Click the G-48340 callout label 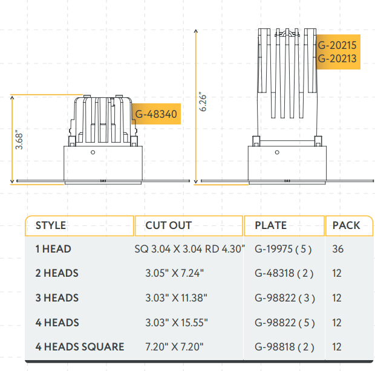pyautogui.click(x=155, y=114)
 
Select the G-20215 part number pyautogui.click(x=337, y=45)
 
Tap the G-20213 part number pyautogui.click(x=337, y=59)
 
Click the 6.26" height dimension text pyautogui.click(x=203, y=102)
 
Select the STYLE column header pyautogui.click(x=51, y=225)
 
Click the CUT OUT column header pyautogui.click(x=168, y=225)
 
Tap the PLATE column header pyautogui.click(x=270, y=225)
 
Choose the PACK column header pyautogui.click(x=346, y=225)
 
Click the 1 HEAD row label pyautogui.click(x=53, y=249)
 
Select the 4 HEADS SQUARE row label pyautogui.click(x=80, y=347)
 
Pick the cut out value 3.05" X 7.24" pyautogui.click(x=175, y=273)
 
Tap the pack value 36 pyautogui.click(x=337, y=249)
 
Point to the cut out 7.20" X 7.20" pyautogui.click(x=175, y=347)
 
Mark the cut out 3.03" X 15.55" pyautogui.click(x=177, y=323)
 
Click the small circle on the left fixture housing pyautogui.click(x=93, y=152)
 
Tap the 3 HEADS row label pyautogui.click(x=57, y=298)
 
